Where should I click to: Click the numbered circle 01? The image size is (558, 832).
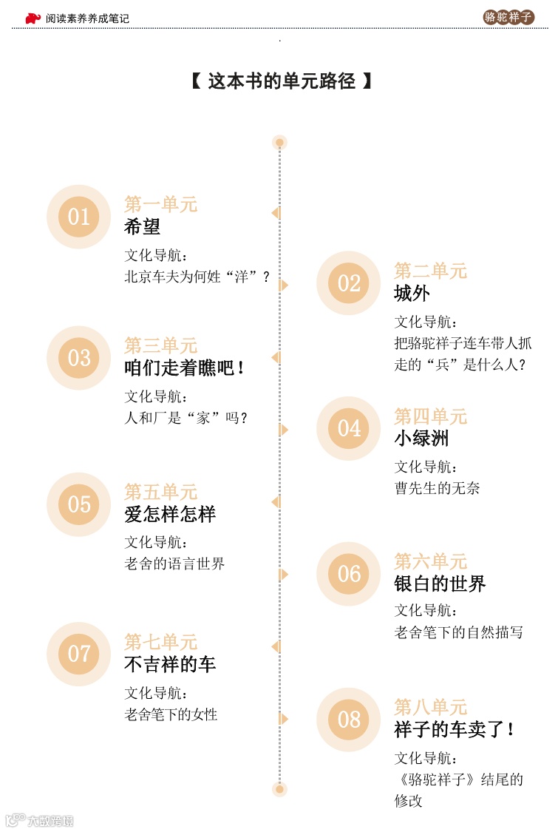pyautogui.click(x=78, y=217)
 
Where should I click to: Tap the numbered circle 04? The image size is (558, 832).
pyautogui.click(x=349, y=428)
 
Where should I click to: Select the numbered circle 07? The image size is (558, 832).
pyautogui.click(x=78, y=654)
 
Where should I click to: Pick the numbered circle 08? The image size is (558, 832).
pyautogui.click(x=349, y=720)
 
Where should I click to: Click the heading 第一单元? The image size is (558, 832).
pyautogui.click(x=160, y=204)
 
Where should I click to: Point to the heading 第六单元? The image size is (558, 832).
pyautogui.click(x=430, y=561)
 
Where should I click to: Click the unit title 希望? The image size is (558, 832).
pyautogui.click(x=142, y=227)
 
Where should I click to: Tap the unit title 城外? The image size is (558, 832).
pyautogui.click(x=412, y=294)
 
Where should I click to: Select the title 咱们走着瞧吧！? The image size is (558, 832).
pyautogui.click(x=184, y=368)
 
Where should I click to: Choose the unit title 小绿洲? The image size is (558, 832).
pyautogui.click(x=421, y=439)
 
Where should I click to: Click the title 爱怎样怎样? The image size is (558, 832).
pyautogui.click(x=170, y=514)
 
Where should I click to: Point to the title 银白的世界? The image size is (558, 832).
pyautogui.click(x=440, y=584)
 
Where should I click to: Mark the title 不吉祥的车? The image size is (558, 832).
pyautogui.click(x=170, y=664)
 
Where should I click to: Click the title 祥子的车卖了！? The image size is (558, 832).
pyautogui.click(x=454, y=729)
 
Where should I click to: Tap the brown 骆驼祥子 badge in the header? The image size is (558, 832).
pyautogui.click(x=508, y=17)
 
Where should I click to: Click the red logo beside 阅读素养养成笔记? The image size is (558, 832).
pyautogui.click(x=33, y=18)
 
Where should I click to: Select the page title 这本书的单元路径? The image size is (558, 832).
pyautogui.click(x=281, y=81)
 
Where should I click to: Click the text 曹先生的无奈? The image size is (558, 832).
pyautogui.click(x=437, y=488)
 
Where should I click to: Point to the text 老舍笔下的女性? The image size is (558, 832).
pyautogui.click(x=171, y=714)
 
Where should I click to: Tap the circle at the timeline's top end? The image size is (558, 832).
pyautogui.click(x=279, y=142)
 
